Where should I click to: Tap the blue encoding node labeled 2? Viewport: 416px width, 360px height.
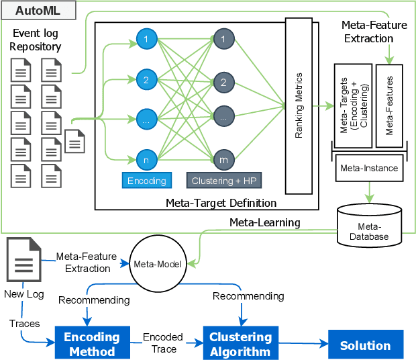coord(145,79)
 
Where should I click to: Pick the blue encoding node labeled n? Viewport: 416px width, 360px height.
coord(145,160)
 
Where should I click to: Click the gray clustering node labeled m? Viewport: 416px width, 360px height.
coord(223,160)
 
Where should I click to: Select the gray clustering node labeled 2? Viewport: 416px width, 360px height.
coord(223,82)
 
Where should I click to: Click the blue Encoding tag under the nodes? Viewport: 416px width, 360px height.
coord(146,181)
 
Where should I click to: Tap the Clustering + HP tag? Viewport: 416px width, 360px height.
coord(223,181)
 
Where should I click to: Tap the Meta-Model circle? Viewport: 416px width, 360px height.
coord(159,263)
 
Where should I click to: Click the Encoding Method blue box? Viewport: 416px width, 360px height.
coord(91,344)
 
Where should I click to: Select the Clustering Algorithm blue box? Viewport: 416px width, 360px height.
coord(241,344)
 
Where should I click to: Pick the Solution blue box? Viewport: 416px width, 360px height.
coord(365,346)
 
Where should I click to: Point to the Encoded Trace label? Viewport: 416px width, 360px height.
coord(160,344)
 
